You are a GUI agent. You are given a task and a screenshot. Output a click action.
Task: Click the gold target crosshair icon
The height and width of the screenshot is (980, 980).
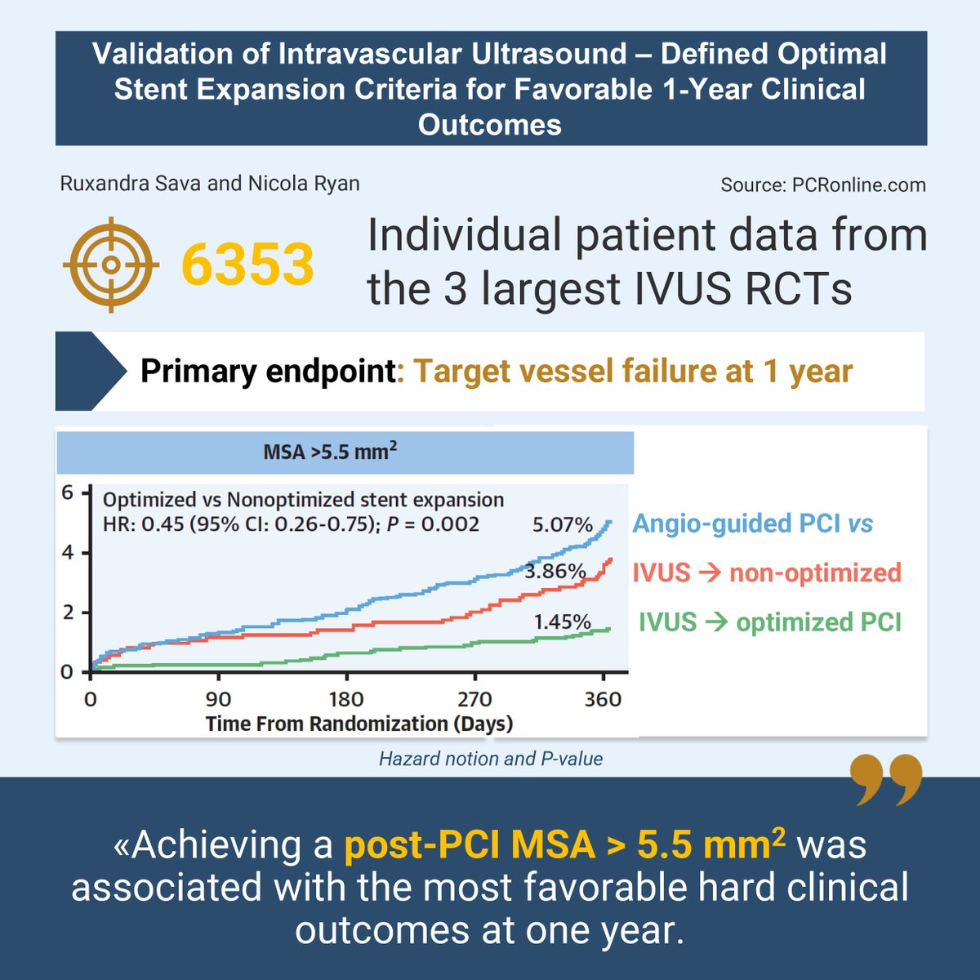(x=111, y=264)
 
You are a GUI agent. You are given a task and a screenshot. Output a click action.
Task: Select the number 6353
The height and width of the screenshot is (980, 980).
(x=247, y=265)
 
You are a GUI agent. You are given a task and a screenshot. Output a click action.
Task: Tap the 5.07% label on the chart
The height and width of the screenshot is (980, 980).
(x=562, y=524)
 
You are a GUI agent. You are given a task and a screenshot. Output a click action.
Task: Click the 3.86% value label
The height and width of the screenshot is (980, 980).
(x=555, y=571)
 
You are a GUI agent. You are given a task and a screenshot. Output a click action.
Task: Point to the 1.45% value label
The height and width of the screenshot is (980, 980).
(x=562, y=621)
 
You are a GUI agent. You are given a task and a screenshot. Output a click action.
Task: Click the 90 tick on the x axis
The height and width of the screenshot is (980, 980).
(x=218, y=699)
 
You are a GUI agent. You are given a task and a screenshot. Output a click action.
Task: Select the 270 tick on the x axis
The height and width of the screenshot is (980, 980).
(x=474, y=699)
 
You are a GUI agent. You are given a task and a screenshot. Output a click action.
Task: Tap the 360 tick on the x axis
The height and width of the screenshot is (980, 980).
(x=604, y=699)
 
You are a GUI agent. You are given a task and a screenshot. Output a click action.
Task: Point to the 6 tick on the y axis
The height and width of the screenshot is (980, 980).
(x=67, y=493)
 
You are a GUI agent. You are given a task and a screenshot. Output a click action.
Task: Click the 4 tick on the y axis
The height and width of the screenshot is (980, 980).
(x=67, y=553)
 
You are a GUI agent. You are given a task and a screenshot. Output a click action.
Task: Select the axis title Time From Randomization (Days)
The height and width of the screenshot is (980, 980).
(x=359, y=724)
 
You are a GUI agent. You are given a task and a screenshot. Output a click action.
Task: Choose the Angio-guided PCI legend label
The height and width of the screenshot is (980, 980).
(x=752, y=523)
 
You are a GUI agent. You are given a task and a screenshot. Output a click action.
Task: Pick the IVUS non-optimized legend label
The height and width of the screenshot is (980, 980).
(x=766, y=572)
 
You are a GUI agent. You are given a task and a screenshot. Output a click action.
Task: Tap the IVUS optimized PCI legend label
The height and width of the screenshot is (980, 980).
(x=769, y=622)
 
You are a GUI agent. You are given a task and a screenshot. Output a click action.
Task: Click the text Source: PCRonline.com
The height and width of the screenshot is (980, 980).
(x=822, y=185)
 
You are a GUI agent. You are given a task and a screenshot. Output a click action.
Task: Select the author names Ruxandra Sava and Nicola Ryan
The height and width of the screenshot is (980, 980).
(x=210, y=183)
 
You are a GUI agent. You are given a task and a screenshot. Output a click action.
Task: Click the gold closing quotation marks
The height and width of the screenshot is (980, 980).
(x=885, y=780)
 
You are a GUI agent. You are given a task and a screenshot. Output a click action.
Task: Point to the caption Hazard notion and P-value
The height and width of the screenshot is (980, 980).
(x=491, y=759)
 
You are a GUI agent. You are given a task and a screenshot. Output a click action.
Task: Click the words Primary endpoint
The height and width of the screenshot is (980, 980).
(x=268, y=372)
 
